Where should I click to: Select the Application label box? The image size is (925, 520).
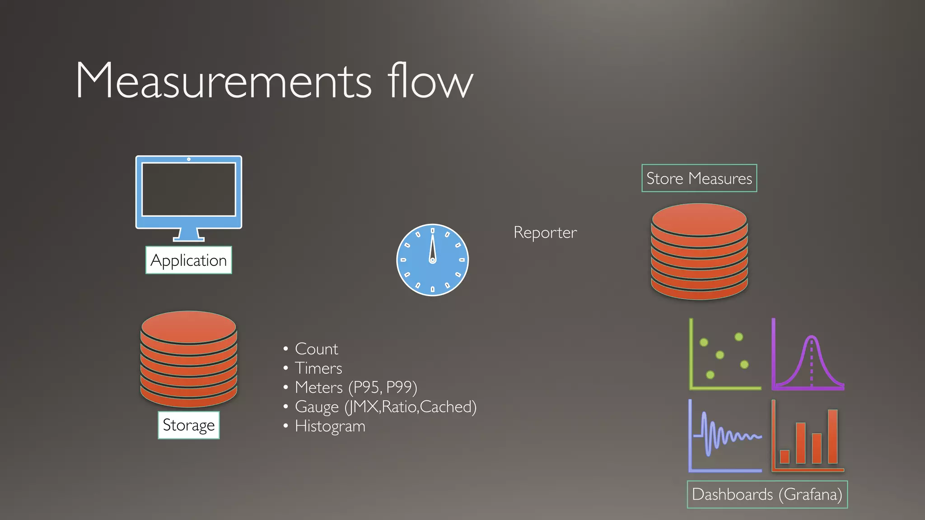click(x=188, y=260)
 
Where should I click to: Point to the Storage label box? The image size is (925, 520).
click(x=188, y=425)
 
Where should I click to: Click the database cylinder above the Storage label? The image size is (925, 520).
click(x=189, y=358)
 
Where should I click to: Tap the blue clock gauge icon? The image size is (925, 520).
click(x=432, y=260)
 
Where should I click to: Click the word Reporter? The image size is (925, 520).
click(x=545, y=232)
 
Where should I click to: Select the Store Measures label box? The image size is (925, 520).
click(x=699, y=178)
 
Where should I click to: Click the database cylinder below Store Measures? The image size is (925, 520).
click(x=699, y=251)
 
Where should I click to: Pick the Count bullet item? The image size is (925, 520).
click(x=316, y=349)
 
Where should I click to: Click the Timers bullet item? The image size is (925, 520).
click(x=318, y=368)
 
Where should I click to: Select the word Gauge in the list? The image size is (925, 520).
click(x=317, y=407)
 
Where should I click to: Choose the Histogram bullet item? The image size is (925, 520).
click(x=330, y=426)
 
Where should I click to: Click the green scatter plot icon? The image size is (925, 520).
click(x=724, y=355)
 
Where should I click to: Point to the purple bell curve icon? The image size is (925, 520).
click(x=808, y=355)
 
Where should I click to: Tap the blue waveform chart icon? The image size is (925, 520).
click(x=725, y=436)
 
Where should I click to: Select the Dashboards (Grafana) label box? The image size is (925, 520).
click(x=767, y=494)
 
